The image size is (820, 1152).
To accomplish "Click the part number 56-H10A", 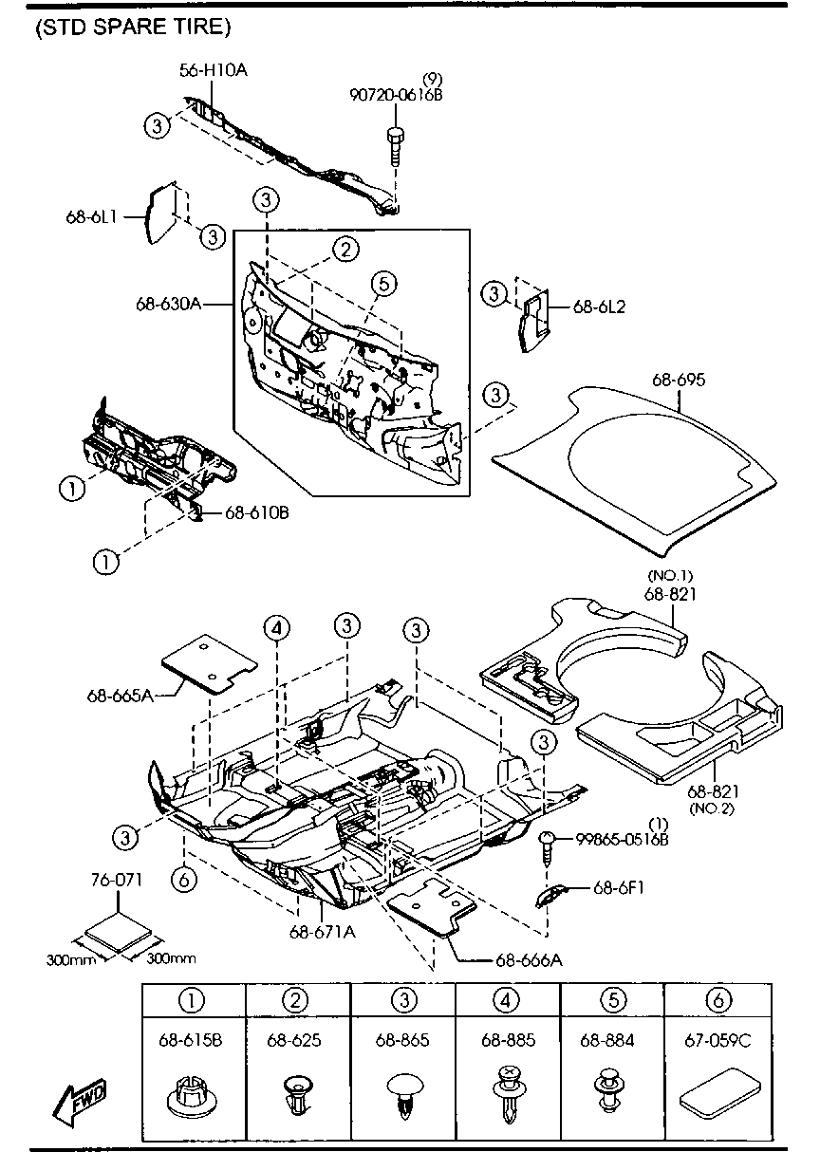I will pyautogui.click(x=214, y=69).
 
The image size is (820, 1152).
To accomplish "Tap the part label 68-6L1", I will pyautogui.click(x=91, y=216).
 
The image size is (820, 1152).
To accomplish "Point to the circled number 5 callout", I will pyautogui.click(x=382, y=283).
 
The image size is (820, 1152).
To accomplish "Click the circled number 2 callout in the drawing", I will pyautogui.click(x=345, y=250).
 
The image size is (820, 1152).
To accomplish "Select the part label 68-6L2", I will pyautogui.click(x=600, y=307).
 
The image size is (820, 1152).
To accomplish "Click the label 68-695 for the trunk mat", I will pyautogui.click(x=679, y=380).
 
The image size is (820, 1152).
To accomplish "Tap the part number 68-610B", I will pyautogui.click(x=256, y=513).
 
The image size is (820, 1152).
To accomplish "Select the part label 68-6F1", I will pyautogui.click(x=621, y=888).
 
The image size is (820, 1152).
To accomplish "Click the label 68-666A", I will pyautogui.click(x=528, y=959).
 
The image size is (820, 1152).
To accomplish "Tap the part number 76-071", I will pyautogui.click(x=116, y=880).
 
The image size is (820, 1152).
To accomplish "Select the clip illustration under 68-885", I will pyautogui.click(x=508, y=1090).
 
